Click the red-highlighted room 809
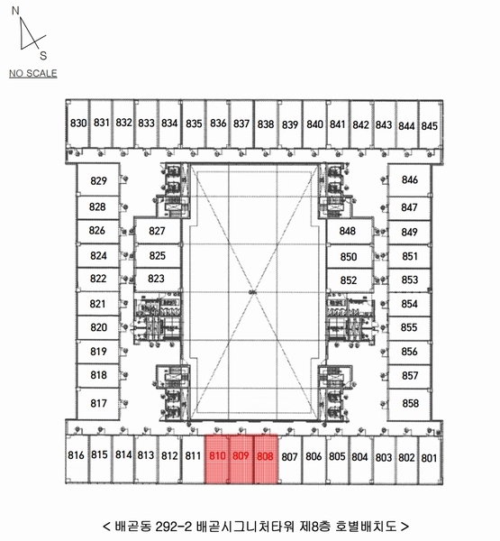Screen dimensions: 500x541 click(x=241, y=459)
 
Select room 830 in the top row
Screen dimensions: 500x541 click(x=77, y=124)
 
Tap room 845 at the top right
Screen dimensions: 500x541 click(x=430, y=125)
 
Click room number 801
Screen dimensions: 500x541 click(x=429, y=458)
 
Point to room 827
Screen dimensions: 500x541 click(x=158, y=231)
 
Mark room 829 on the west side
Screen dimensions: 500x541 click(x=98, y=180)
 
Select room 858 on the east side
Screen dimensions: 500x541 click(x=409, y=404)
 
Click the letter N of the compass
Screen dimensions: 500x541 click(x=15, y=11)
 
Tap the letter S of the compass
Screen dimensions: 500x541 click(x=43, y=56)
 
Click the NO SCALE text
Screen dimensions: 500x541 click(x=33, y=74)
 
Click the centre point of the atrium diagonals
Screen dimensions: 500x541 click(x=254, y=292)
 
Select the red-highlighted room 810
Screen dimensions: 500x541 click(x=217, y=459)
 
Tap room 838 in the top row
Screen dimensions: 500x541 click(x=266, y=124)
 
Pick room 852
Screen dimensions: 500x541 click(x=350, y=280)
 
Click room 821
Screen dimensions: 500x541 click(x=98, y=304)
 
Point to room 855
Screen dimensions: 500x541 click(x=409, y=327)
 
